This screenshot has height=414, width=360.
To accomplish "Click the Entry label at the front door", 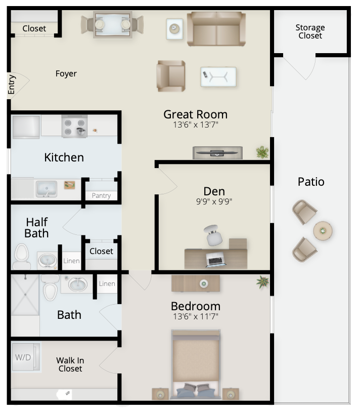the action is (11, 85).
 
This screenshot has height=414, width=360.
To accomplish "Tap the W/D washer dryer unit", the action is (26, 357).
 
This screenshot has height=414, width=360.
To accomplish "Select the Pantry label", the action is (101, 196).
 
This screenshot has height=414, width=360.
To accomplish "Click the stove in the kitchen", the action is (75, 126).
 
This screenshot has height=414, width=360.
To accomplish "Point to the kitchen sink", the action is (47, 189).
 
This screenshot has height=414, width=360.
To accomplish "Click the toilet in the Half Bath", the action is (21, 257).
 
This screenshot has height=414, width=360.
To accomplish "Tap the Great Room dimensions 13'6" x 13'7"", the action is (196, 125).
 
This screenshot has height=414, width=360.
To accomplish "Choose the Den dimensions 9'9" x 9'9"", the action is (214, 201).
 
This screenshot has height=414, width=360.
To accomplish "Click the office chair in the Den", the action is (213, 235).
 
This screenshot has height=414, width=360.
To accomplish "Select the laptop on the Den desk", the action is (216, 259).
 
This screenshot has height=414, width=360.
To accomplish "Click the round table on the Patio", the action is (323, 231).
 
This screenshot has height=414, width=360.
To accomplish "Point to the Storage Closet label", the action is (310, 31).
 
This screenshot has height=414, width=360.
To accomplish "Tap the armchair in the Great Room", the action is (171, 76).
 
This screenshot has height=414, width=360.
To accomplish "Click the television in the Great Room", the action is (217, 153).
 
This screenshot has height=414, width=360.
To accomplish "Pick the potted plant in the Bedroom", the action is (263, 282).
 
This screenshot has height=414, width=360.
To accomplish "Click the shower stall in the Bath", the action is (25, 295).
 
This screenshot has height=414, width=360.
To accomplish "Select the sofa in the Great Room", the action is (216, 29).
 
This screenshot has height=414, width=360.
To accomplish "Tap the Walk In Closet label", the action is (70, 364).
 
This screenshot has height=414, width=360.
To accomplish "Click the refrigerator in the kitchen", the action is (26, 127).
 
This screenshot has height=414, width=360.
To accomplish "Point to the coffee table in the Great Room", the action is (218, 77).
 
